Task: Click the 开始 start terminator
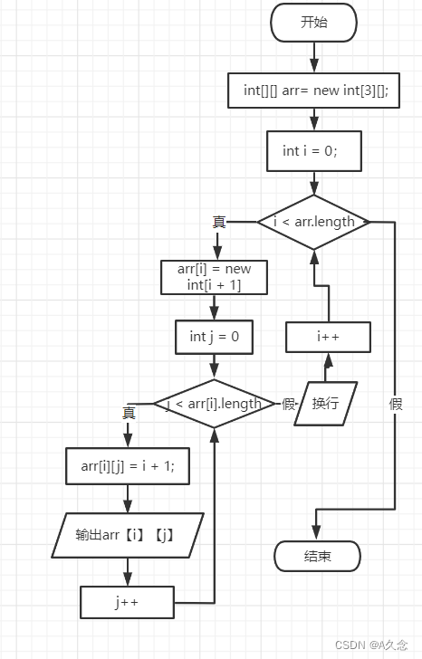coord(314,23)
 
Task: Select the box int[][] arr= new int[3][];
coord(314,91)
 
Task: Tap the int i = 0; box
coord(314,150)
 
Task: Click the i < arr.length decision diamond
coord(314,222)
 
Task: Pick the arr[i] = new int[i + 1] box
coord(213,277)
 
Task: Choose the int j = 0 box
coord(213,336)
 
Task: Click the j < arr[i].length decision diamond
coord(214,404)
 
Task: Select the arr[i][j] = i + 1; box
coord(127,466)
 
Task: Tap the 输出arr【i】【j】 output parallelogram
coord(127,535)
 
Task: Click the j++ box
coord(127,600)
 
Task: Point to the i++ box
coord(327,337)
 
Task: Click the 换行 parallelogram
coord(325,403)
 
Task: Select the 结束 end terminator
coord(316,555)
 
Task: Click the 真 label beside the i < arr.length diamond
coord(219,222)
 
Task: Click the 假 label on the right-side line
coord(396,404)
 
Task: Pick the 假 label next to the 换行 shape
coord(289,404)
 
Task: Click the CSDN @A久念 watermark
coord(371,645)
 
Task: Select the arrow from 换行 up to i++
coord(327,367)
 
